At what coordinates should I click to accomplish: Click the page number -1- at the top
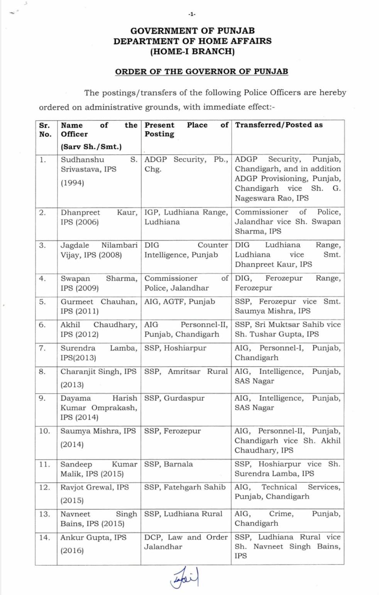click(x=192, y=14)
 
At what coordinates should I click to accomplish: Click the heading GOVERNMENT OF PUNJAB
click(x=192, y=30)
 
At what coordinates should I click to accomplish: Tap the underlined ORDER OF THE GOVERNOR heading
click(x=201, y=71)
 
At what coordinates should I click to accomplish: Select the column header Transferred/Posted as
click(x=279, y=125)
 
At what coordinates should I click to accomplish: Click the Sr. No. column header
click(x=45, y=130)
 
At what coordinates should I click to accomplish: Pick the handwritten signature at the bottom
click(x=186, y=578)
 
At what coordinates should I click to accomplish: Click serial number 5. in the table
click(x=42, y=302)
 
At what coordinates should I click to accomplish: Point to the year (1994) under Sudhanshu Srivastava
click(x=72, y=183)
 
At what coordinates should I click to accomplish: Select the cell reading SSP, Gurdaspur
click(x=174, y=398)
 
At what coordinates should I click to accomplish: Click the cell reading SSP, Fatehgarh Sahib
click(x=184, y=487)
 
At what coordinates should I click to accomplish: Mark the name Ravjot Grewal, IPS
click(x=94, y=487)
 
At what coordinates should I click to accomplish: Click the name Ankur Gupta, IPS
click(x=93, y=538)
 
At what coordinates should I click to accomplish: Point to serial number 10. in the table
click(x=44, y=431)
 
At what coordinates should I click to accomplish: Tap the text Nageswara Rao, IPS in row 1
click(x=271, y=198)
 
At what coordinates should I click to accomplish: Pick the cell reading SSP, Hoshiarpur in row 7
click(x=175, y=348)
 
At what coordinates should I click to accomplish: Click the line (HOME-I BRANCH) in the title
click(x=192, y=51)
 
